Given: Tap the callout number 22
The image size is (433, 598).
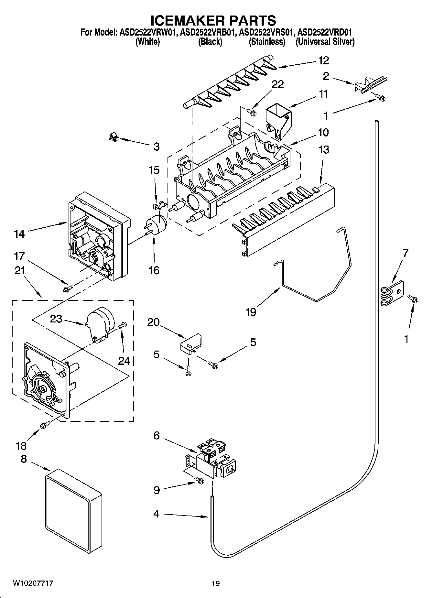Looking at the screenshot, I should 277,84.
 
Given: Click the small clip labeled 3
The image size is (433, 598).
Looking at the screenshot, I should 113,138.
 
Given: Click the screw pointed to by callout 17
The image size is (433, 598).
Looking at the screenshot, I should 67,288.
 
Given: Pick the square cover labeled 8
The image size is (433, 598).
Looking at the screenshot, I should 73,509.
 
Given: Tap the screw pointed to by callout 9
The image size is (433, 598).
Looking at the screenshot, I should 199,481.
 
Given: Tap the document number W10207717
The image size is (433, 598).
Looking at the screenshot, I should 33,583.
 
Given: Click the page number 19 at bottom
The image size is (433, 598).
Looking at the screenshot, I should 215,583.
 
